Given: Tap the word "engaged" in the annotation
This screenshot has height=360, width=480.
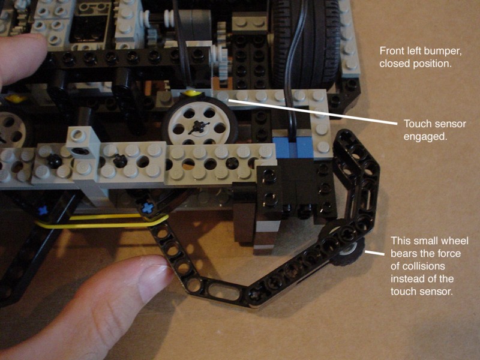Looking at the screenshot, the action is click(x=425, y=136).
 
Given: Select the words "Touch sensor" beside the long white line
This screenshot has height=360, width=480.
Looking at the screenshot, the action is click(x=435, y=124).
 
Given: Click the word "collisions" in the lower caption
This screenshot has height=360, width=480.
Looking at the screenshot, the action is click(x=418, y=266).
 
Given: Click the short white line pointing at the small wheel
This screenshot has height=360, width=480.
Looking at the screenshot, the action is click(x=374, y=253).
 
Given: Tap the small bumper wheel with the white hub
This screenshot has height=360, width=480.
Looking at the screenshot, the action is click(x=352, y=250).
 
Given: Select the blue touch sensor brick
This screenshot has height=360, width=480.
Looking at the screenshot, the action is click(x=293, y=147).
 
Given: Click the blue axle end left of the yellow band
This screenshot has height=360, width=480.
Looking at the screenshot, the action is click(x=43, y=211).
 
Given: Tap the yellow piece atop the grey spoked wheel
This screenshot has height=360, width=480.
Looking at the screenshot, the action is click(x=190, y=93).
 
